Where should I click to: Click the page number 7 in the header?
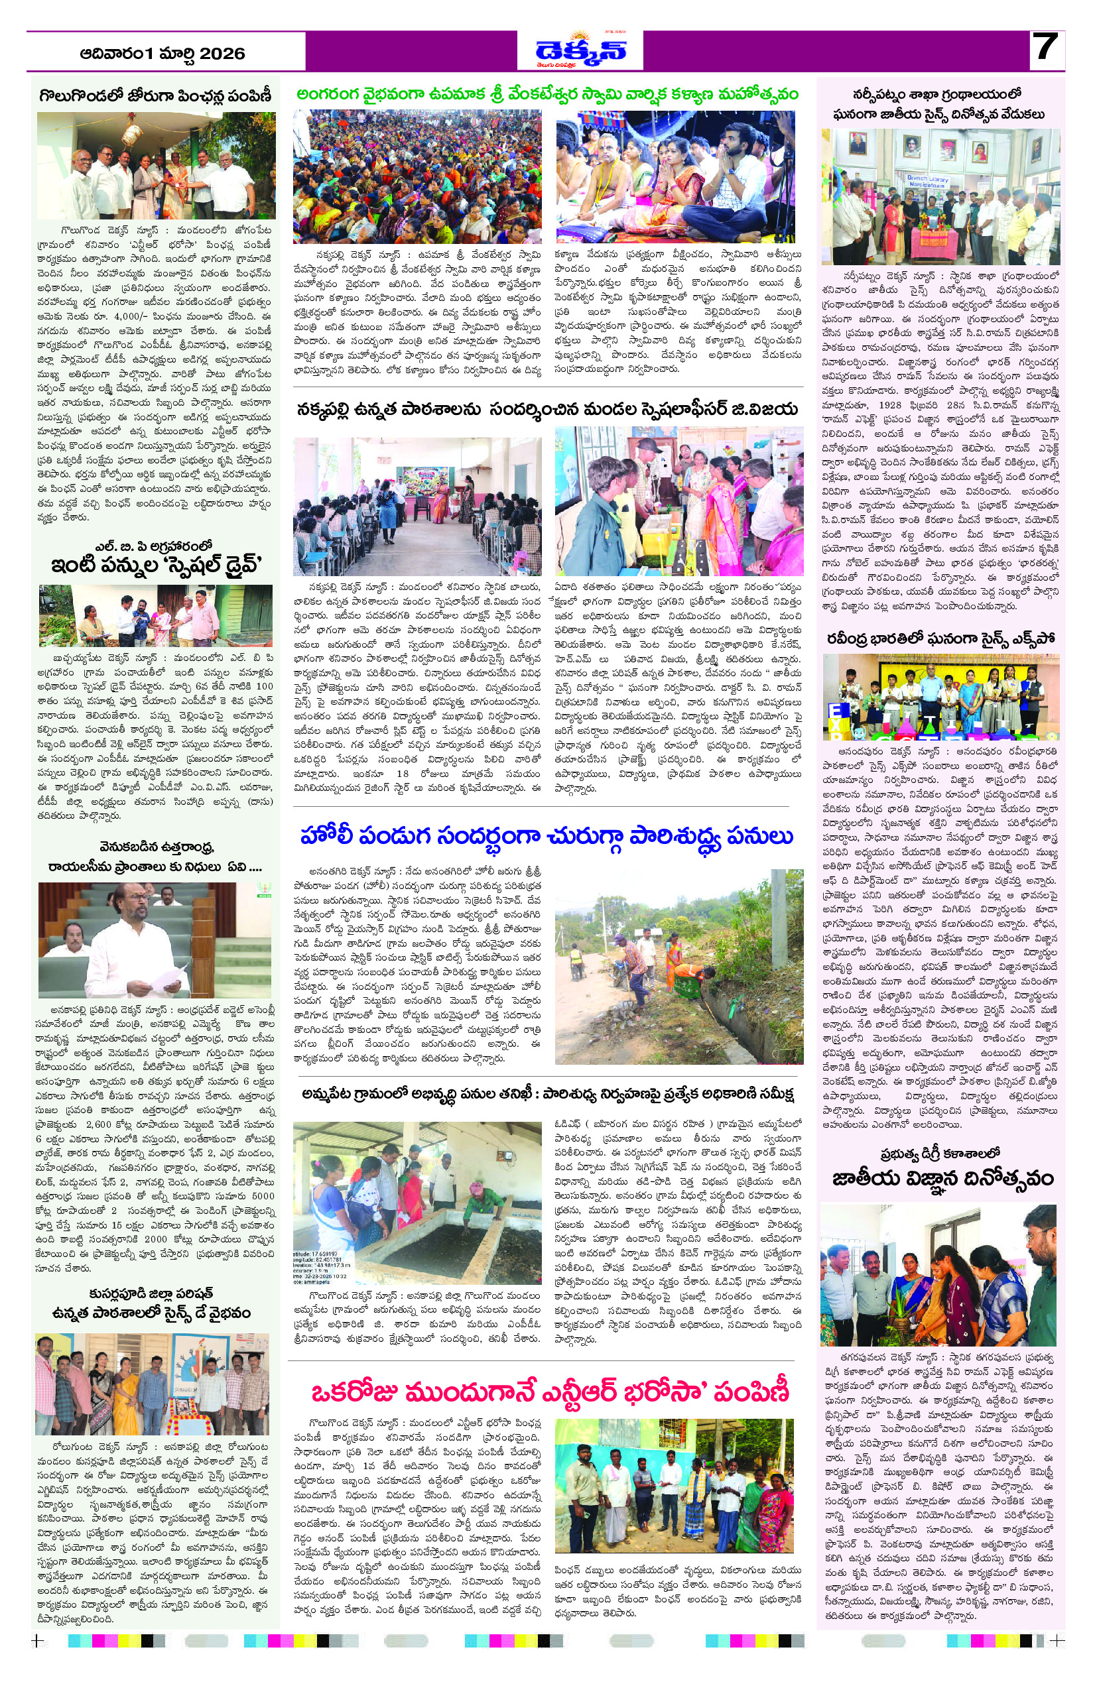coord(1045,49)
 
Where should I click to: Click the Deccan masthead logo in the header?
coord(580,51)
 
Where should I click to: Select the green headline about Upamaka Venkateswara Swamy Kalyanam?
coord(547,94)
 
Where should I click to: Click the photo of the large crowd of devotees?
coord(417,176)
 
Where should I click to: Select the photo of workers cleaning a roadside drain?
coord(678,967)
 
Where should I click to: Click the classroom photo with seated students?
coord(417,506)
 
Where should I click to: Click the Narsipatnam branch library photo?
coord(940,196)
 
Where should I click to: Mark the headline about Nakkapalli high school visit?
coord(547,409)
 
